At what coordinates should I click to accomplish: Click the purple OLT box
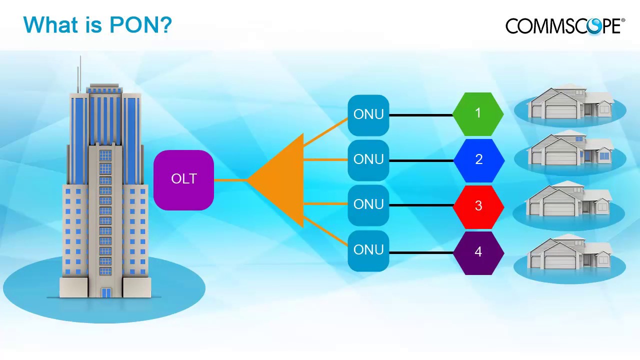tap(183, 179)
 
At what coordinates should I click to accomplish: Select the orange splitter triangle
tap(282, 180)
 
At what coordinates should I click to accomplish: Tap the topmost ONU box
tap(368, 115)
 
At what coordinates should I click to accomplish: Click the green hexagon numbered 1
tap(478, 114)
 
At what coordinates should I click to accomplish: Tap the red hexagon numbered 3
tap(478, 206)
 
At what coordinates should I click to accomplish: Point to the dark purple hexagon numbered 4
tap(478, 252)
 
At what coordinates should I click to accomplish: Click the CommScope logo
tap(565, 25)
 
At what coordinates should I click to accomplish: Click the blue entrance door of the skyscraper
tap(106, 292)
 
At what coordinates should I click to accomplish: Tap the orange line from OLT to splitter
tap(230, 180)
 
